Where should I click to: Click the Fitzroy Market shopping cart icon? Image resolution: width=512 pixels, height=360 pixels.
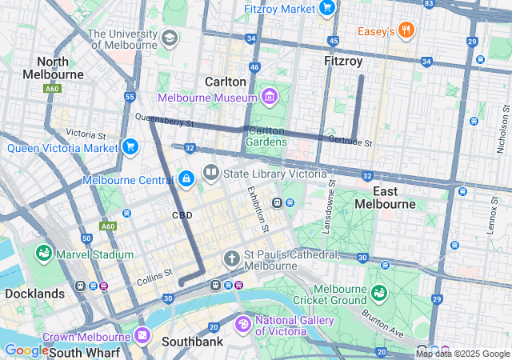[326, 8]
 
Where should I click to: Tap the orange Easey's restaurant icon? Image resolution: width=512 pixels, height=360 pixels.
[406, 31]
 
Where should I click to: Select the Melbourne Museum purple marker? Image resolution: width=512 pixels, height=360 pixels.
[270, 98]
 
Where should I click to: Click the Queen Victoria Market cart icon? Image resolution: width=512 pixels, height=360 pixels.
[130, 146]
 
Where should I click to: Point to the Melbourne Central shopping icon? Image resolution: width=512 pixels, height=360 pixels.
[186, 178]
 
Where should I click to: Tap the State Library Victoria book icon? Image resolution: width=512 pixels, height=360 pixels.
[211, 172]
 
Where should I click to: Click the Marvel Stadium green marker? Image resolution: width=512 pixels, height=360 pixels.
[43, 254]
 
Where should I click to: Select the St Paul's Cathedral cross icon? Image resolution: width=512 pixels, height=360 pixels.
[232, 258]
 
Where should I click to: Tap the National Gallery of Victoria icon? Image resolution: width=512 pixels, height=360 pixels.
[242, 325]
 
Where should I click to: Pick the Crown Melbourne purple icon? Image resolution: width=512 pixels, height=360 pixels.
[143, 335]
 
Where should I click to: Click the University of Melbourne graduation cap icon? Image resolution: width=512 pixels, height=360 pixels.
[169, 38]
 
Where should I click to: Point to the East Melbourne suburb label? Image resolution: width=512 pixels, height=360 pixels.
[395, 198]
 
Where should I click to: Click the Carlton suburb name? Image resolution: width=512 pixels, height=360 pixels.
[226, 82]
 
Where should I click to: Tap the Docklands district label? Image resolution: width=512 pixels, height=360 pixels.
[34, 294]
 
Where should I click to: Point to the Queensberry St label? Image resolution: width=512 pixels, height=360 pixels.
[165, 121]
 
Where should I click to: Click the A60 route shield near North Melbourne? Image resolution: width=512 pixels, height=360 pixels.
[53, 89]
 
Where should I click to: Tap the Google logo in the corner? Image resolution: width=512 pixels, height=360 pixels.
[26, 350]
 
